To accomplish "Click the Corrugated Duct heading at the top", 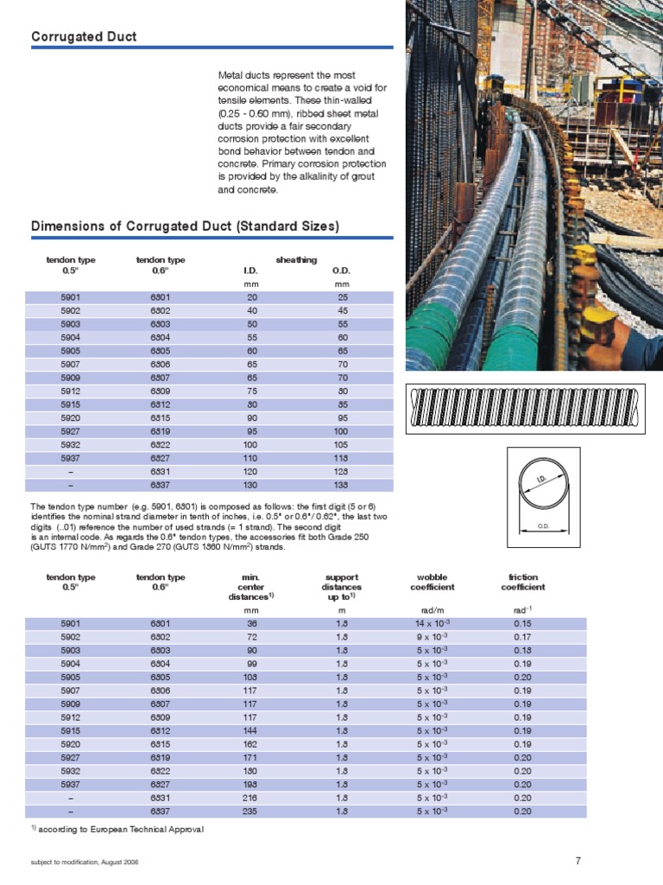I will pyautogui.click(x=84, y=36).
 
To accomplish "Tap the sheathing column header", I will pyautogui.click(x=296, y=259).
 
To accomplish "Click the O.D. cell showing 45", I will pyautogui.click(x=342, y=310).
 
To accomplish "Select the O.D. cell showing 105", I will pyautogui.click(x=342, y=444).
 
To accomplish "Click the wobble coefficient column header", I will pyautogui.click(x=432, y=582).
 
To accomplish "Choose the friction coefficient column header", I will pyautogui.click(x=522, y=582).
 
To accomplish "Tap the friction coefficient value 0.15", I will pyautogui.click(x=522, y=623).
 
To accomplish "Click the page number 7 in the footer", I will pyautogui.click(x=578, y=860).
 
